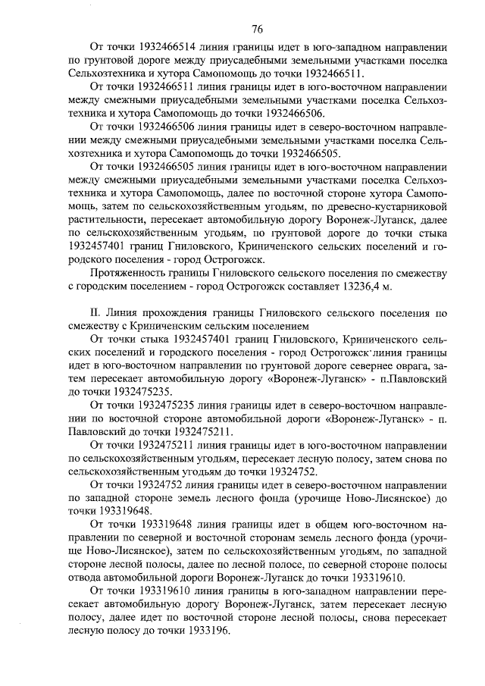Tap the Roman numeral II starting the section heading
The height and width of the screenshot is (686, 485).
(95, 312)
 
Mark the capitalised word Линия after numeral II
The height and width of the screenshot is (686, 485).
(124, 312)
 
